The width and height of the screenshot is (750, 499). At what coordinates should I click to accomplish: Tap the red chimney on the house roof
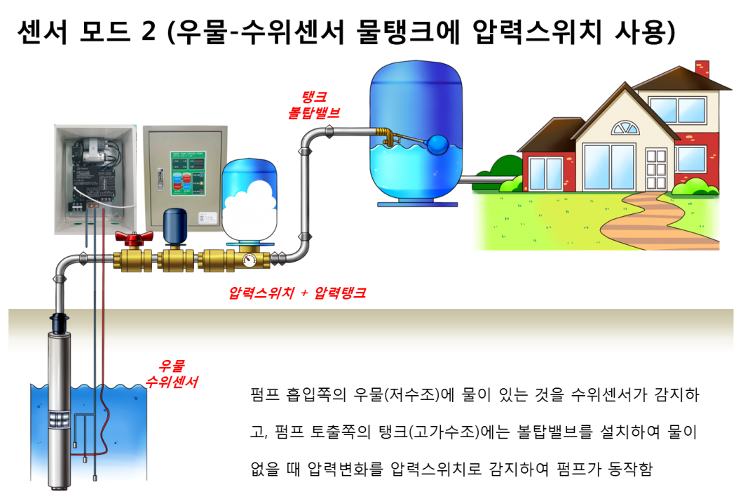702,69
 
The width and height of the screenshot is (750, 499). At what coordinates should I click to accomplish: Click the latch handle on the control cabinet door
158,178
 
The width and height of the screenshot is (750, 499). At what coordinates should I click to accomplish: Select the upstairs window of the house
671,109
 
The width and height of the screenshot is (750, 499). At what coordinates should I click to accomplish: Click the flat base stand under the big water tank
418,204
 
